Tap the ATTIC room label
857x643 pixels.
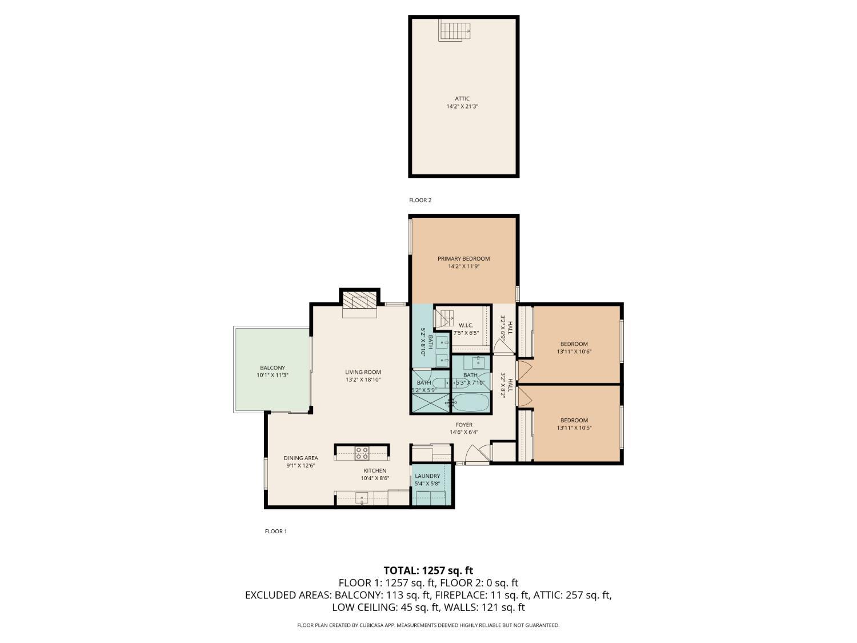coord(462,99)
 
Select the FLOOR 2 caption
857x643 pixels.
coord(420,200)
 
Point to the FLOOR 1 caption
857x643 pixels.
coord(275,531)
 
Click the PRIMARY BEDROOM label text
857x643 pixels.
coord(463,259)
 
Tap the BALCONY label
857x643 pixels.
coord(273,368)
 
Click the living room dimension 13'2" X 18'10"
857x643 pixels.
coord(363,380)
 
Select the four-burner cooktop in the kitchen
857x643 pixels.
coord(362,453)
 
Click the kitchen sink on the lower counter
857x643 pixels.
coord(362,498)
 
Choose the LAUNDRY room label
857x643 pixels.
coord(427,476)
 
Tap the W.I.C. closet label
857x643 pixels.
coord(466,325)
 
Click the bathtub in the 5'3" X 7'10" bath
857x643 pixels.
coord(471,402)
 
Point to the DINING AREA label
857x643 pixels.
coord(301,458)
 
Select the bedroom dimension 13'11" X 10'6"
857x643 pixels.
coord(574,352)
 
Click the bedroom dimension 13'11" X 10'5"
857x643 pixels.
coord(574,428)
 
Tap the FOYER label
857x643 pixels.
coord(463,425)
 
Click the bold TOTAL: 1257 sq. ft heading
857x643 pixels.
coord(428,570)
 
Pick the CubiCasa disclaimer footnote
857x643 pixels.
coord(428,625)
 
